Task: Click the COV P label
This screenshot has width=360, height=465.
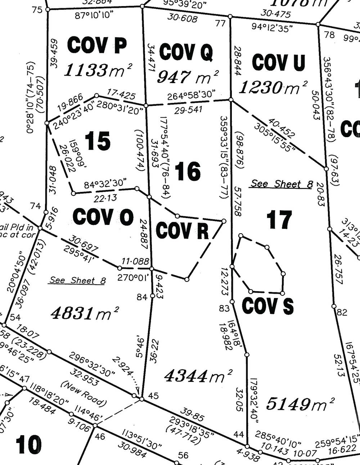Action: (x=97, y=46)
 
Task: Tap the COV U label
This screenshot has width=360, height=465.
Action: (x=278, y=62)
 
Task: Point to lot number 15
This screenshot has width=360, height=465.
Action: (x=98, y=141)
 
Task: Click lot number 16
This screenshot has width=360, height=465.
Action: (x=188, y=171)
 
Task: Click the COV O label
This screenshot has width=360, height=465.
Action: (x=103, y=217)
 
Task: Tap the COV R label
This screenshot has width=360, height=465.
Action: (x=182, y=230)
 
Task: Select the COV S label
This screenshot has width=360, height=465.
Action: (x=267, y=306)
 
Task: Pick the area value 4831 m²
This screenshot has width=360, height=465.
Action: (x=85, y=313)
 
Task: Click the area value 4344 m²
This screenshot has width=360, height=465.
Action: (x=198, y=376)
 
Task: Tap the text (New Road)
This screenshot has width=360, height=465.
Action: (x=84, y=393)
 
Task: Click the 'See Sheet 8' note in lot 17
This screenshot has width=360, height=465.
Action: (x=281, y=184)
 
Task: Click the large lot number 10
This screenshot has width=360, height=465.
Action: (x=28, y=445)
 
